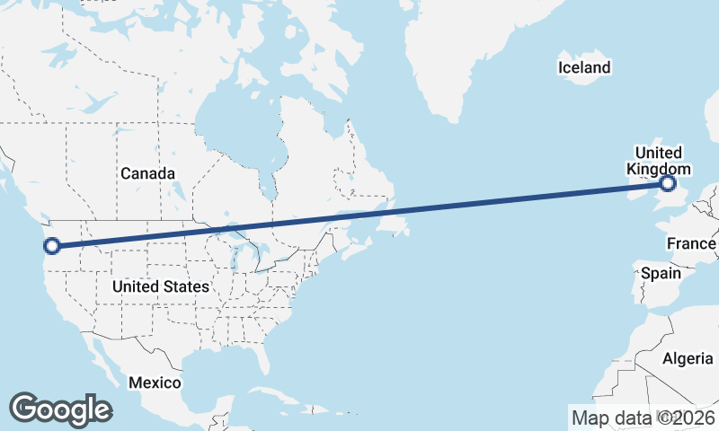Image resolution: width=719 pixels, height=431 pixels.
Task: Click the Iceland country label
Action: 583,67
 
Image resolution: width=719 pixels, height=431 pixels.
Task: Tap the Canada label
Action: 147,173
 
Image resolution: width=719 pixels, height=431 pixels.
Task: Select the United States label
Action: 161,287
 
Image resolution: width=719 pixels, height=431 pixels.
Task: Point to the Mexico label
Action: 154,383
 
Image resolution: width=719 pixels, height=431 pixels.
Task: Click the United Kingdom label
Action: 658,161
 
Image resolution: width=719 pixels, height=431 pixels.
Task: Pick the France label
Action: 690,243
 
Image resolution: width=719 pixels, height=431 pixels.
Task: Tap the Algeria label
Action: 688,359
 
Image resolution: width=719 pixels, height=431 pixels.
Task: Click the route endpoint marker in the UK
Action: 668,183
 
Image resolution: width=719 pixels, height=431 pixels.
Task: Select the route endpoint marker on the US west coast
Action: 52,245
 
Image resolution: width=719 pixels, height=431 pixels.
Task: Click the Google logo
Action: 60,409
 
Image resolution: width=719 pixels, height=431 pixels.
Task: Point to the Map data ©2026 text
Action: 643,418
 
